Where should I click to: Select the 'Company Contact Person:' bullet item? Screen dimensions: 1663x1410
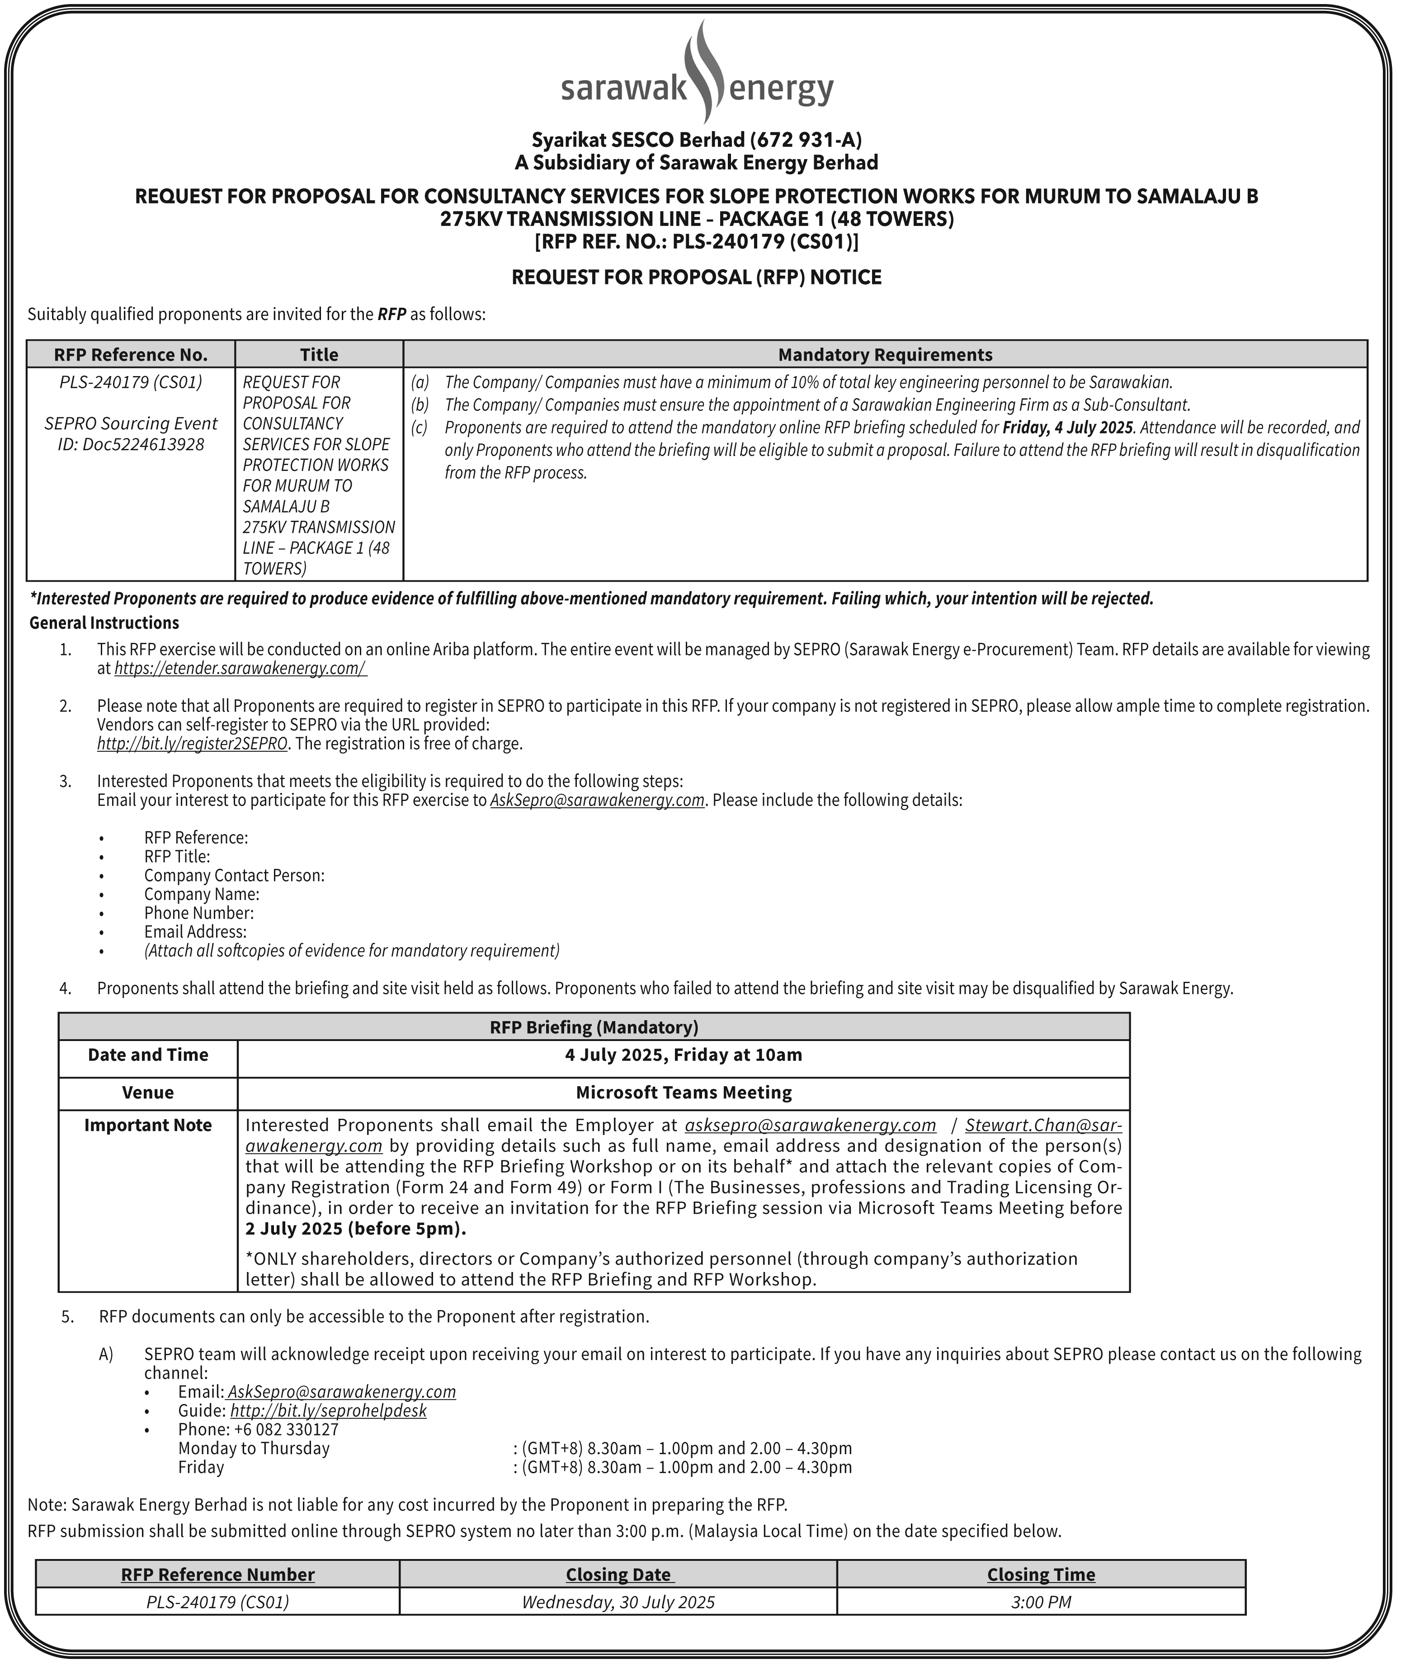[234, 875]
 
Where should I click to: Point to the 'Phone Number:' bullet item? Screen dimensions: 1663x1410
[199, 913]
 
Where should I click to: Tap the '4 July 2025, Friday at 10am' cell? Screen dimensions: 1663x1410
[684, 1055]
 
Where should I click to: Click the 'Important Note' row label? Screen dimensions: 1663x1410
[148, 1125]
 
